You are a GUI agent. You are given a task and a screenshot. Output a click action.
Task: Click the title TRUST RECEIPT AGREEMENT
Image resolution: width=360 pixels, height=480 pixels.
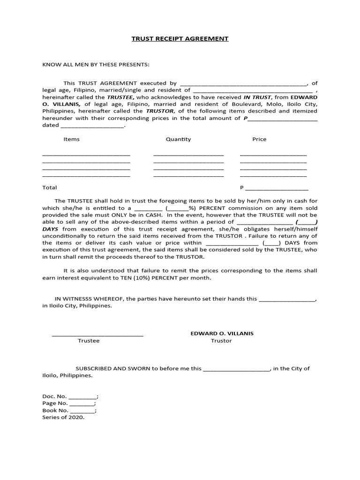180,38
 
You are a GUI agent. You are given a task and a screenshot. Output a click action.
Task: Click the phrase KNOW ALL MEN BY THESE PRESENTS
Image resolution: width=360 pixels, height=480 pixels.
96,64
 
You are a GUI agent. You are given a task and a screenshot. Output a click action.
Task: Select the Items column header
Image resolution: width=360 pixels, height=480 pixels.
71,139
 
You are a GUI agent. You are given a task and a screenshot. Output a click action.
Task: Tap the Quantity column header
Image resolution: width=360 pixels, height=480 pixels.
178,139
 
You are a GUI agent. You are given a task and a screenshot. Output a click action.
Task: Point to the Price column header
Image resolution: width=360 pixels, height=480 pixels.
259,139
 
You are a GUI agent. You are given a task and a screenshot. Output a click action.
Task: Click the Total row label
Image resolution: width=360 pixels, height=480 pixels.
50,187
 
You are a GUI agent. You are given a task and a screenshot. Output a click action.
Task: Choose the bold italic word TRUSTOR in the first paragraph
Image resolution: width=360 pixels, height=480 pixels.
160,112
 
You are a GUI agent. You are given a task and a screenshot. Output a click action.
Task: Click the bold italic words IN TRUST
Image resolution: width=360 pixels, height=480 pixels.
257,97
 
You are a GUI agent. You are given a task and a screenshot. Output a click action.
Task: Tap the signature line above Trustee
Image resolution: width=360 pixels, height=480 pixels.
97,335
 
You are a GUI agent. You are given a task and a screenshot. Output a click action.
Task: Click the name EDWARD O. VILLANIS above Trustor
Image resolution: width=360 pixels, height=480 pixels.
222,333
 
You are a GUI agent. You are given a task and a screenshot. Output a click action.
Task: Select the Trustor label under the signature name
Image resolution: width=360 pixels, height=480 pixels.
221,341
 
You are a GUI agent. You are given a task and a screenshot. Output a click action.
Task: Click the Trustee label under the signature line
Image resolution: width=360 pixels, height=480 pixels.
89,341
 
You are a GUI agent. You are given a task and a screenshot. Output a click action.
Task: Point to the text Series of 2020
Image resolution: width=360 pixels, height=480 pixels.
63,418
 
